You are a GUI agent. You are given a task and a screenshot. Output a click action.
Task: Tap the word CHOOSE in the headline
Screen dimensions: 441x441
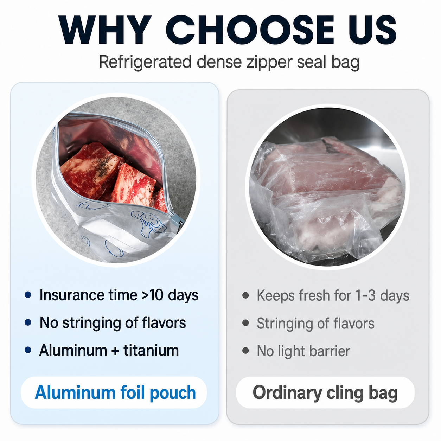tap(249, 30)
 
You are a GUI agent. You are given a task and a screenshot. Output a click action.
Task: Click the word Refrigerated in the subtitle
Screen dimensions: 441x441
tap(145, 62)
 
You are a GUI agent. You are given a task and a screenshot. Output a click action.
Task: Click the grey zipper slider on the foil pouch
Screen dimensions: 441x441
tap(179, 221)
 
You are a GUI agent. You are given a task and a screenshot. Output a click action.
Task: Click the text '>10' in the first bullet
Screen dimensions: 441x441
tap(152, 295)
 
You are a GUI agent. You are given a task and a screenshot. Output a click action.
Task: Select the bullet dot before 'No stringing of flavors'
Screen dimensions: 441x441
tap(28, 323)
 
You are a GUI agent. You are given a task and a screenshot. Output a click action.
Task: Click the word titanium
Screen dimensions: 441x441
tap(151, 350)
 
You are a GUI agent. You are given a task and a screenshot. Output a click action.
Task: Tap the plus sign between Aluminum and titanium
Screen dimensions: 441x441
tap(115, 351)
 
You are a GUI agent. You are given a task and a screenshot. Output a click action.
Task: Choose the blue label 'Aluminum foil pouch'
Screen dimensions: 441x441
tap(115, 392)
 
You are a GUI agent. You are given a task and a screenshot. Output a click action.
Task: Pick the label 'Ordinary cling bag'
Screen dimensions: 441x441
tap(325, 393)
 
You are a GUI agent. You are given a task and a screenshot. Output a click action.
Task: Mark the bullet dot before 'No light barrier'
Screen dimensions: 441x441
tap(245, 351)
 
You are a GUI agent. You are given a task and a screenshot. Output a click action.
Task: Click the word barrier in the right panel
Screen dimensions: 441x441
tap(330, 351)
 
